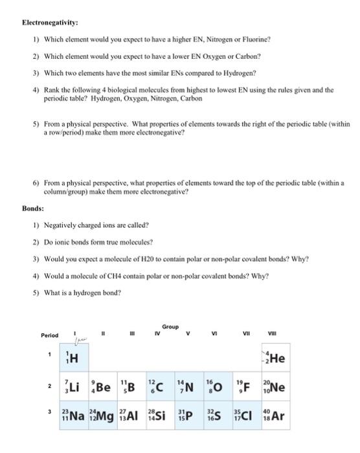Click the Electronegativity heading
pyautogui.click(x=50, y=21)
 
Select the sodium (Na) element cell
pyautogui.click(x=73, y=415)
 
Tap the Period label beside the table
pyautogui.click(x=50, y=335)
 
